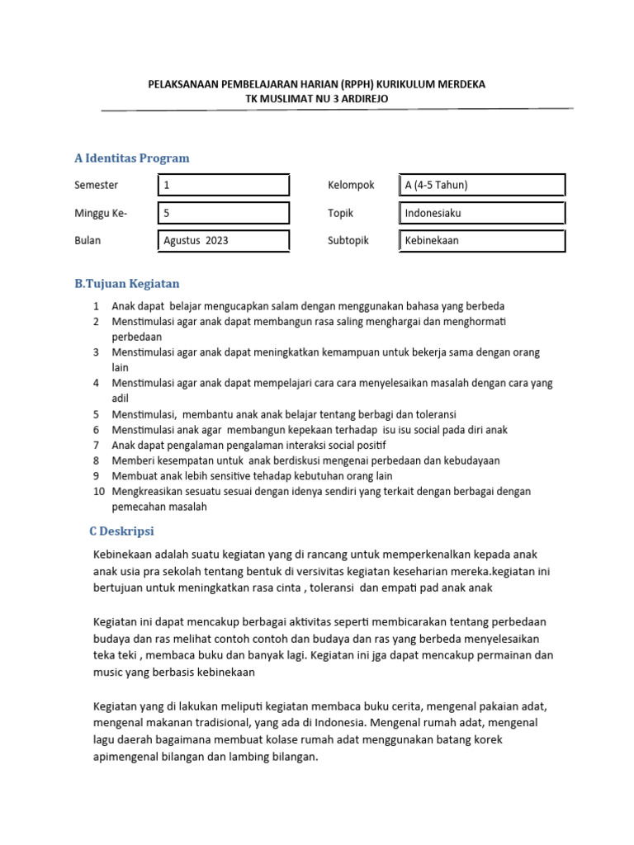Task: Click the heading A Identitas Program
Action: pos(131,158)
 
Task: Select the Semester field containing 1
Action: pos(223,185)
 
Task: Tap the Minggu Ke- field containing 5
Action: pos(223,213)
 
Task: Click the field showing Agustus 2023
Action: pos(223,241)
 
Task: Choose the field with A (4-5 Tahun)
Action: pos(481,185)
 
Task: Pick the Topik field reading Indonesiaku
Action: pos(481,213)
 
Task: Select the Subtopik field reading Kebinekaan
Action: pos(481,241)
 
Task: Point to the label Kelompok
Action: pos(351,185)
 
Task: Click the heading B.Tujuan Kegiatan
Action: pos(126,284)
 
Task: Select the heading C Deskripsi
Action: pos(121,531)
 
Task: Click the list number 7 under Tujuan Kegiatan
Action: pos(96,445)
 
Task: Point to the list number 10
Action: pos(98,491)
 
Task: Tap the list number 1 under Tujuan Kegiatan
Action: pos(96,306)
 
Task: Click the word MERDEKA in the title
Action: pos(463,84)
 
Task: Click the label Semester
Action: pos(96,185)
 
